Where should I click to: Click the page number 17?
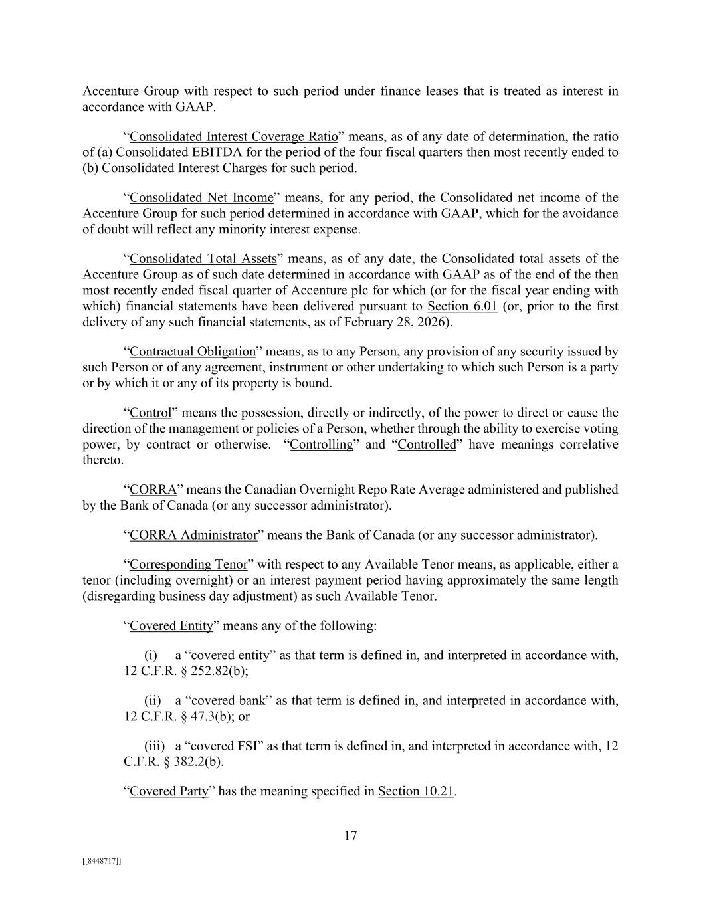[x=350, y=836]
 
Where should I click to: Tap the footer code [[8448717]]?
[x=102, y=861]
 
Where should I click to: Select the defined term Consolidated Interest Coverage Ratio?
[x=234, y=137]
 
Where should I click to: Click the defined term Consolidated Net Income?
[x=201, y=198]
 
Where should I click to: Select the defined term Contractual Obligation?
[x=193, y=352]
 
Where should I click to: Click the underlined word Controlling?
[x=322, y=445]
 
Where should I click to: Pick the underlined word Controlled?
[x=427, y=445]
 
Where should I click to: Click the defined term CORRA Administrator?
[x=193, y=535]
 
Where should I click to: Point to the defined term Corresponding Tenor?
[x=188, y=565]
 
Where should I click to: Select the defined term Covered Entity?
[x=171, y=626]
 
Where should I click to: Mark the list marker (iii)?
[x=155, y=746]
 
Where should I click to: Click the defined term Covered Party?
[x=169, y=791]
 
